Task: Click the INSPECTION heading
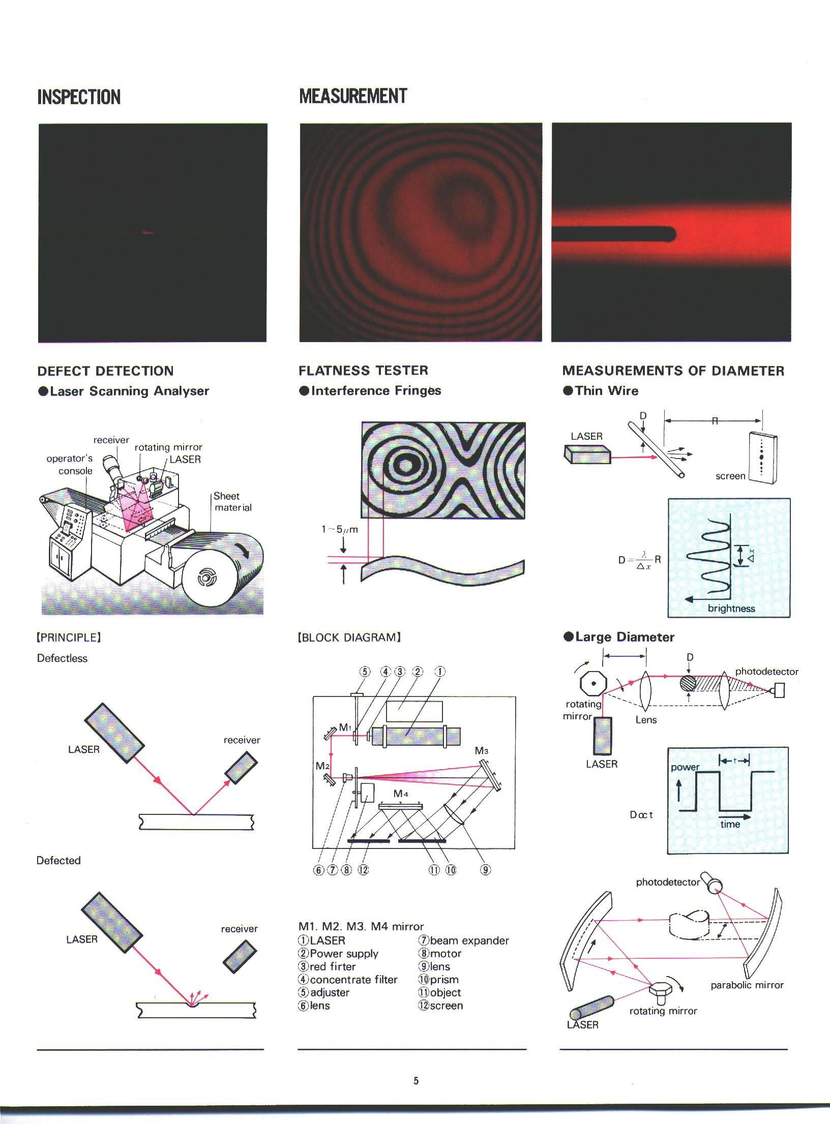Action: (79, 97)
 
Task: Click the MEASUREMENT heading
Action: (353, 96)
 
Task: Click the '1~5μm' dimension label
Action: (339, 529)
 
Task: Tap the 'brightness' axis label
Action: (731, 609)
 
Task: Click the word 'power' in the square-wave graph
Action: (685, 767)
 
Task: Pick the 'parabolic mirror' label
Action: (747, 985)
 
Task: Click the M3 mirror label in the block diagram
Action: (482, 750)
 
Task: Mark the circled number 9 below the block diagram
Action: (486, 870)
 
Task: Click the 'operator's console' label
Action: (70, 464)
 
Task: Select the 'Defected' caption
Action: (58, 860)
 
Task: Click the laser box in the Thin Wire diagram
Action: (587, 454)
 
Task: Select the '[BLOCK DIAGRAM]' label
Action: (349, 637)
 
